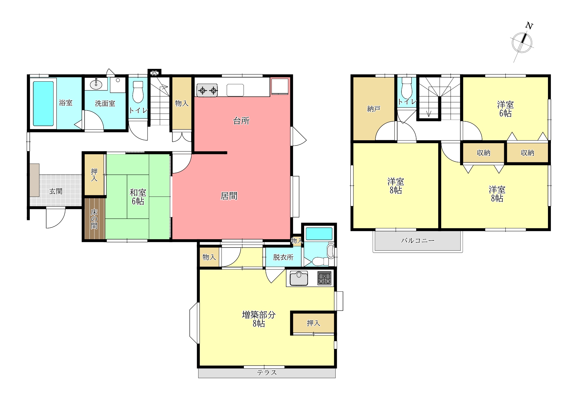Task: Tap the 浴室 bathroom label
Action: point(66,103)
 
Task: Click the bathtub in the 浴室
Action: point(43,103)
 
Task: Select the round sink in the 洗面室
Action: point(96,85)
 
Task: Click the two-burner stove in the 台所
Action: point(207,90)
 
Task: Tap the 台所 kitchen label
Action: point(241,121)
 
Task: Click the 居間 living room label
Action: point(229,196)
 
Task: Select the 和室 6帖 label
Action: point(138,197)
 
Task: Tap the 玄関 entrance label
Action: point(56,192)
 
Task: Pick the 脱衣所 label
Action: point(283,257)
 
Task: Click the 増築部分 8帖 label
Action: point(259,319)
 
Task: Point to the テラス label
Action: point(267,373)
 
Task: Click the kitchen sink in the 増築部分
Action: point(299,278)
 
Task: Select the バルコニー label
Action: point(418,241)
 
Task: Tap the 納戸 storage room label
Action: point(374,109)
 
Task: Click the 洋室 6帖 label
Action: point(505,109)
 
